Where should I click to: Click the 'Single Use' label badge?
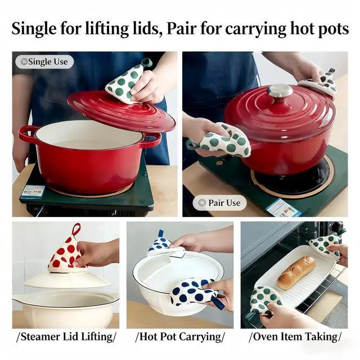coord(44,62)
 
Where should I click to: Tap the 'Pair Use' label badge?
coord(220,202)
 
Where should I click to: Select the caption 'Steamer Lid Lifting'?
coord(66,337)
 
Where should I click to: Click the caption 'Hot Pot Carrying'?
coord(180,337)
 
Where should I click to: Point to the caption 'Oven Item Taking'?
coord(295,337)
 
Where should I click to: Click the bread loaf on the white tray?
coord(296,273)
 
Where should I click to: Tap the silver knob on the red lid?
coord(280,92)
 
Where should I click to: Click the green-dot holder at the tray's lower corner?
coord(264,301)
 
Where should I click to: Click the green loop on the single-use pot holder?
coord(146,62)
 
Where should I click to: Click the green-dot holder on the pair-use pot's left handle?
coord(220,141)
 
